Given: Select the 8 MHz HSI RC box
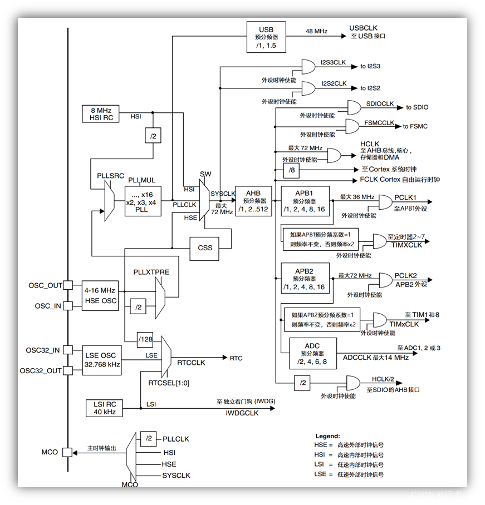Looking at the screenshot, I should (101, 113).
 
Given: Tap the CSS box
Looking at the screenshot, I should (205, 247).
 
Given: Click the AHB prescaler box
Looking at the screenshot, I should (253, 201).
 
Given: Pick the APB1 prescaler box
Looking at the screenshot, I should (305, 201).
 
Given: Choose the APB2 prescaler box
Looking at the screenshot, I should (305, 279).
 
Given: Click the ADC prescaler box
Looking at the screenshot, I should (312, 354).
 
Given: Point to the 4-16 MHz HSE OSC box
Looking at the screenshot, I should (101, 295).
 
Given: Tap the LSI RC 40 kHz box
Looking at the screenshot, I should (101, 408).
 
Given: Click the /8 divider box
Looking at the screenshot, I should (291, 170).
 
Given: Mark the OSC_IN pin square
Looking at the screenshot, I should (67, 306).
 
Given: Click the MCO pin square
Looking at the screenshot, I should (67, 452).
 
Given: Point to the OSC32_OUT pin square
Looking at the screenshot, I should (67, 370).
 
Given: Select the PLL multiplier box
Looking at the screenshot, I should (143, 202).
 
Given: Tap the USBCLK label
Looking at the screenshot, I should (364, 28).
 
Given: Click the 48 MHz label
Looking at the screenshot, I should (316, 31).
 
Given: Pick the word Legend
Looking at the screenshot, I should (327, 436).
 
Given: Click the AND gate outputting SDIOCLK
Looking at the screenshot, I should (354, 108).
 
